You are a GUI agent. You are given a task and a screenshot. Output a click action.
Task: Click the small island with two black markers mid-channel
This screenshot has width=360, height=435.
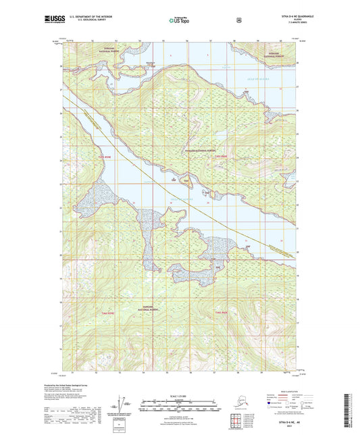coord(188,181)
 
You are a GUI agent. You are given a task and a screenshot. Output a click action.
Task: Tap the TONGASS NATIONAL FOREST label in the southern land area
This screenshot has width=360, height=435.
coord(151,308)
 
